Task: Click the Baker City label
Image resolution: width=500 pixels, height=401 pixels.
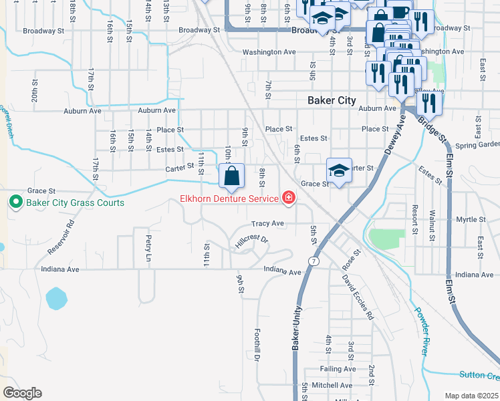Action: (x=332, y=100)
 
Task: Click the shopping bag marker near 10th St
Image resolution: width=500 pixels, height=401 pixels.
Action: (x=231, y=176)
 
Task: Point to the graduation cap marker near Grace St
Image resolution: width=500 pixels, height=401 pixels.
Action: (x=339, y=172)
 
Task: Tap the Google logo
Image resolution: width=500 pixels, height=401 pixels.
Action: (x=22, y=392)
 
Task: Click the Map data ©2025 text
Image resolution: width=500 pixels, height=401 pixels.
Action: (x=471, y=396)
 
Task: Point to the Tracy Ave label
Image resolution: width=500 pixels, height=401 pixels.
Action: (x=268, y=223)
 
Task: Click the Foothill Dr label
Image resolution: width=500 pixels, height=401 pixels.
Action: (x=257, y=344)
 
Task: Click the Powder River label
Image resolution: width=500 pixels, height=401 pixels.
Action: (x=420, y=331)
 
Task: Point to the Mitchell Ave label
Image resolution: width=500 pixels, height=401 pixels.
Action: (x=332, y=385)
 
